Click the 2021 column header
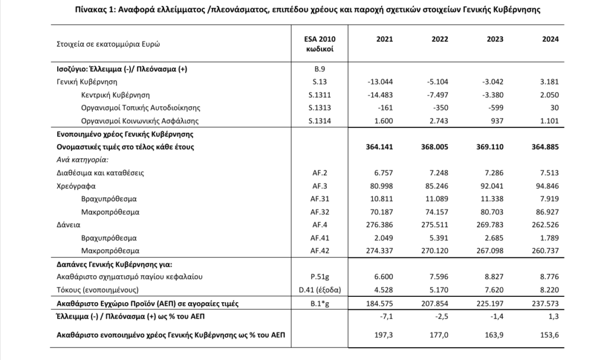coord(384,39)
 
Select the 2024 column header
coord(550,39)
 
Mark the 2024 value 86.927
coord(547,211)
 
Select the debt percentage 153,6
coord(551,336)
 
